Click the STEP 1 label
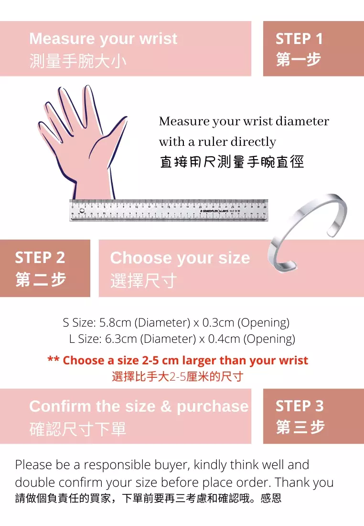click(x=299, y=39)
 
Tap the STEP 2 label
click(x=40, y=258)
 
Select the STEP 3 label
click(x=300, y=406)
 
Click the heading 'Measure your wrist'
click(x=103, y=39)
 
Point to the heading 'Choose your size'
click(x=180, y=258)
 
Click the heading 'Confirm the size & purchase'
click(x=139, y=406)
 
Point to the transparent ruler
click(x=168, y=210)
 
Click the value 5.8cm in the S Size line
click(x=115, y=323)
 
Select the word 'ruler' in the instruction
click(x=212, y=142)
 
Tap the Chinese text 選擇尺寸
click(x=143, y=281)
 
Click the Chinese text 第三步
click(x=300, y=427)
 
